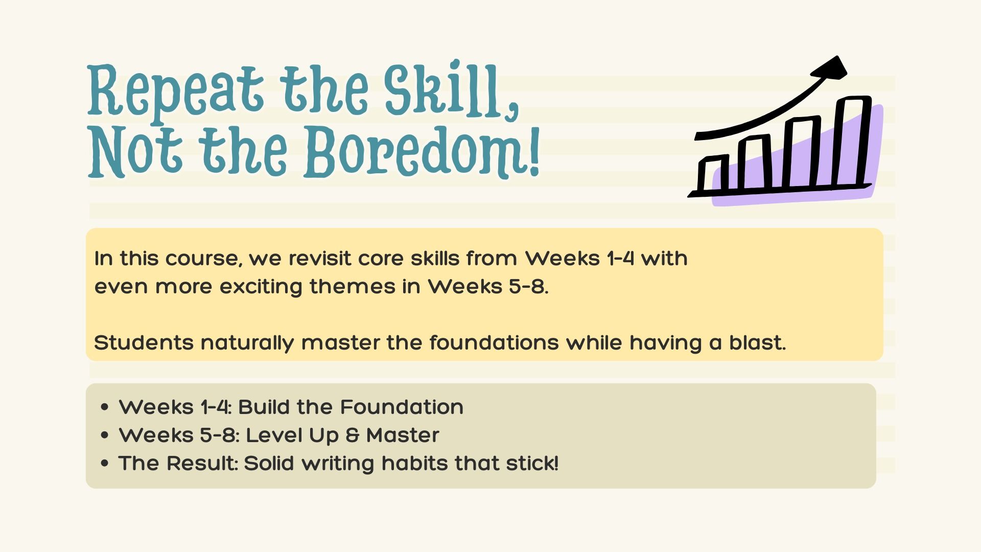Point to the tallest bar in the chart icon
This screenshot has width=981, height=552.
[852, 141]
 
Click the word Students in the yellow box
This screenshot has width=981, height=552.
[144, 342]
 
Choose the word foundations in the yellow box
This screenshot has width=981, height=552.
[494, 342]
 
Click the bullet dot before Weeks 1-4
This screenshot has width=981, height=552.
[105, 407]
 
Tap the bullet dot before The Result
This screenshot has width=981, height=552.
[105, 464]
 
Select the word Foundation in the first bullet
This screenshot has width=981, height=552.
[402, 407]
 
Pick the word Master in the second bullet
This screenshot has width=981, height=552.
[403, 435]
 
